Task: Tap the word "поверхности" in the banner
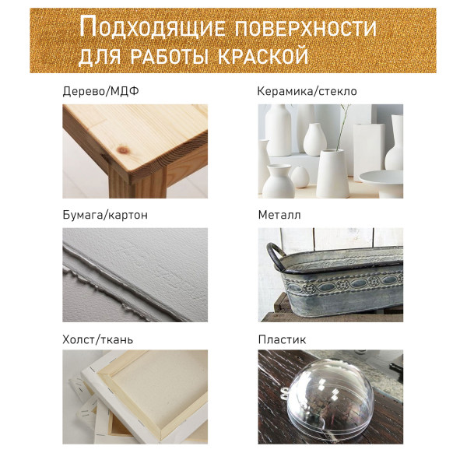(306, 28)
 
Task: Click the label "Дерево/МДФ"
(100, 91)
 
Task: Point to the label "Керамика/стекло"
(307, 91)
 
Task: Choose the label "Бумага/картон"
(105, 215)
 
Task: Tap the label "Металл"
(279, 215)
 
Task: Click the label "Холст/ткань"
(98, 339)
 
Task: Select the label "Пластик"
(282, 339)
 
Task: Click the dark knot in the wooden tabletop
(123, 149)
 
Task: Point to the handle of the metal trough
(276, 255)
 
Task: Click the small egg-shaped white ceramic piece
(300, 177)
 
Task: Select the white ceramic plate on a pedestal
(381, 182)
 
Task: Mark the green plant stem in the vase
(343, 128)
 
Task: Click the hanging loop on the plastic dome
(284, 393)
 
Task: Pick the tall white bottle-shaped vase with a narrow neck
(278, 130)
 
